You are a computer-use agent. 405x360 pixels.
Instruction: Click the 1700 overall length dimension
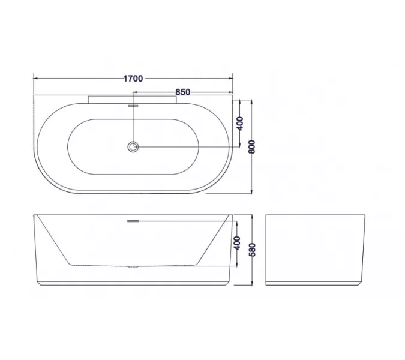coord(133,78)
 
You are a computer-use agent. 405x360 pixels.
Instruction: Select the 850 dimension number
coord(183,92)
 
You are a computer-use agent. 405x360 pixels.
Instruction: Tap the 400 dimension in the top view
coord(239,124)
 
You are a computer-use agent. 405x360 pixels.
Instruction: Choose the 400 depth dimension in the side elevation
coord(237,243)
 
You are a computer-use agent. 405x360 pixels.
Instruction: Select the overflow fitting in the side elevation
coord(133,221)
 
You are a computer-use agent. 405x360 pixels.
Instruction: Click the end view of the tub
coord(315,248)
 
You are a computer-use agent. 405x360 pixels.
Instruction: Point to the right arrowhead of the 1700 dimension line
coord(230,78)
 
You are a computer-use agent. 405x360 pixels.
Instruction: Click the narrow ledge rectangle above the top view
coord(133,98)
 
